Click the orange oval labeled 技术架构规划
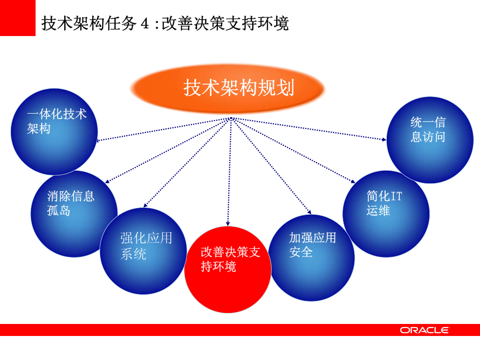point(228,89)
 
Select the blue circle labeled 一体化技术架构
point(54,133)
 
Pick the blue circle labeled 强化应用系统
point(143,251)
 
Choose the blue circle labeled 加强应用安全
point(311,258)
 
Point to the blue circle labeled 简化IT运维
point(386,213)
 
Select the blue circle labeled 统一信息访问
point(430,140)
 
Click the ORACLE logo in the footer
point(424,330)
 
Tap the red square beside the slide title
point(18,18)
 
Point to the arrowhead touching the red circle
point(228,223)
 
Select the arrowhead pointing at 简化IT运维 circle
point(352,181)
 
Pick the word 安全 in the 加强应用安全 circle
point(301,252)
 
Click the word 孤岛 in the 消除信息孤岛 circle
point(59,210)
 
